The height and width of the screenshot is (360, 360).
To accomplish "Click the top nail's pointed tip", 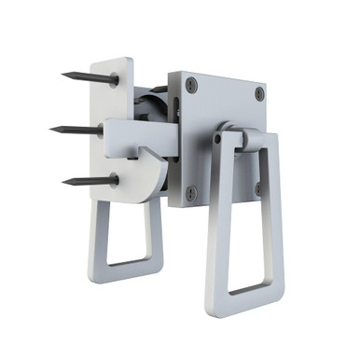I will click(x=63, y=74).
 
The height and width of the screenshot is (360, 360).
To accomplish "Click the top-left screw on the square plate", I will click(x=192, y=86).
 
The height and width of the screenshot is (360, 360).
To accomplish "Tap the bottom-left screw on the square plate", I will click(x=191, y=194).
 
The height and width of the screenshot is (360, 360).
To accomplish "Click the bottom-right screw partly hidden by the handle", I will click(x=258, y=188).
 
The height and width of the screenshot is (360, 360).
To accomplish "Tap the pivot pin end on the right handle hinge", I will click(x=218, y=138).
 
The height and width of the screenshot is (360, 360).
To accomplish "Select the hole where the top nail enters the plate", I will click(x=114, y=80).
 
